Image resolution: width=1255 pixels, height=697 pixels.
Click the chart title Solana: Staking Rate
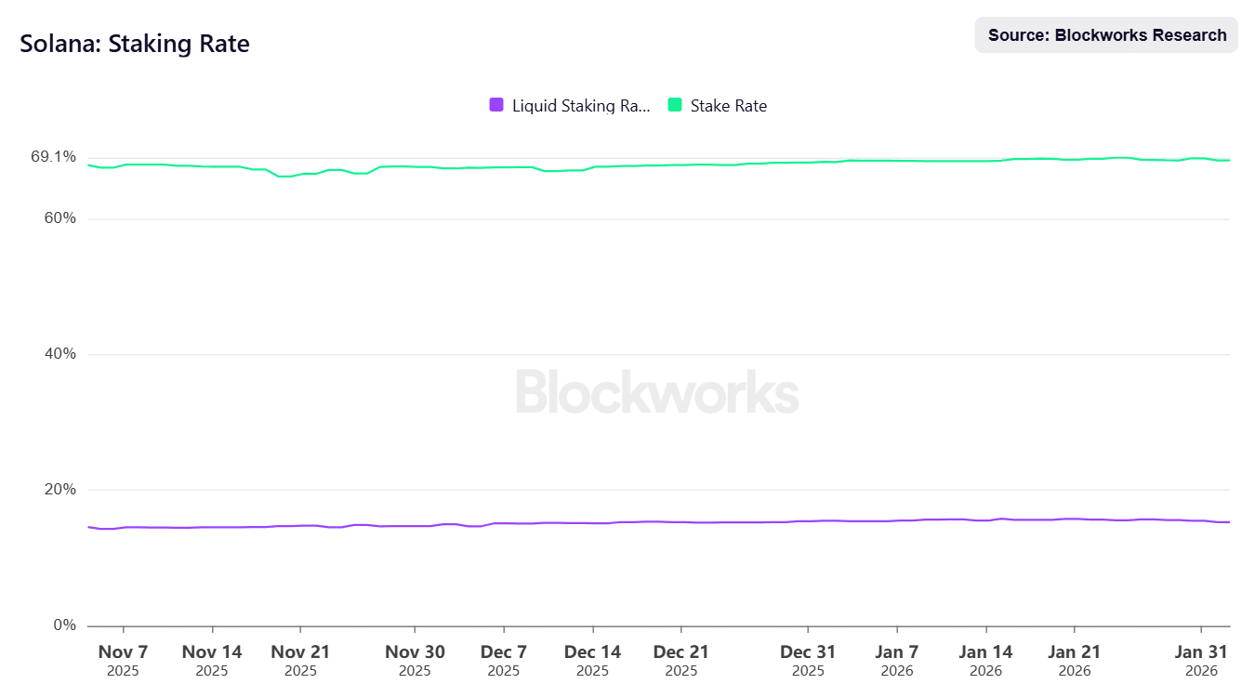(135, 44)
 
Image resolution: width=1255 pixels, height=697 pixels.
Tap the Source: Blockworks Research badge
(1106, 35)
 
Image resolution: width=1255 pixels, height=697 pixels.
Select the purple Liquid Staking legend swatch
(496, 105)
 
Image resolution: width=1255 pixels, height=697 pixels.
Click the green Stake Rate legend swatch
(675, 105)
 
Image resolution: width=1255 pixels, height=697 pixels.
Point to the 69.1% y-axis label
(54, 157)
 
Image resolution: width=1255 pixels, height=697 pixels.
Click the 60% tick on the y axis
(59, 218)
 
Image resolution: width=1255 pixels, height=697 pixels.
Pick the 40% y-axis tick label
(59, 354)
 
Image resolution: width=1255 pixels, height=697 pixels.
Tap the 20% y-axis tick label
(59, 490)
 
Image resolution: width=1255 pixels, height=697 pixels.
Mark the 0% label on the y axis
(63, 625)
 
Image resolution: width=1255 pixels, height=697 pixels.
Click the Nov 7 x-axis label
(123, 652)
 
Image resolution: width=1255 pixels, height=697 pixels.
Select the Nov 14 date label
(212, 652)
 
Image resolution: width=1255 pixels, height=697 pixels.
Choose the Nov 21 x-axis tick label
(300, 652)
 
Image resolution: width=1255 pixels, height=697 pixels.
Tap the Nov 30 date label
(415, 652)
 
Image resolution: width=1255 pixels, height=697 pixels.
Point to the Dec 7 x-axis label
(504, 652)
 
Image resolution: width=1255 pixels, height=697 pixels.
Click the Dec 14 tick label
(592, 652)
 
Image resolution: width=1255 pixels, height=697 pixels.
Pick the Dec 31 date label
(808, 652)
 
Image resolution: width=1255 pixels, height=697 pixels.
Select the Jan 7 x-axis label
(897, 652)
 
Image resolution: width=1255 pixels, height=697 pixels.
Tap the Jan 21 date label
(1075, 652)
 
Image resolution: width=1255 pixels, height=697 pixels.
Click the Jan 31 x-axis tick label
(1201, 652)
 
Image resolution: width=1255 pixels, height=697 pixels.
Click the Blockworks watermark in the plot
(657, 392)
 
